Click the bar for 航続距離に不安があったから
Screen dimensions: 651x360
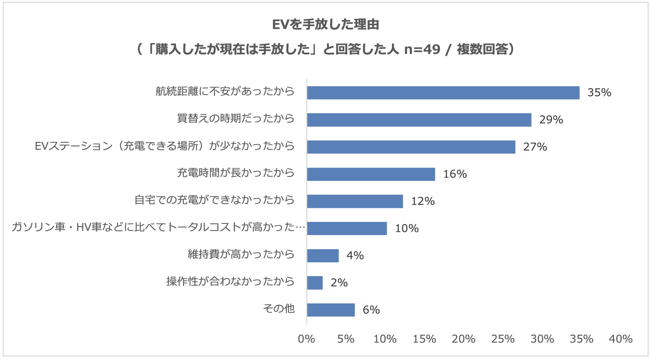[x=443, y=93]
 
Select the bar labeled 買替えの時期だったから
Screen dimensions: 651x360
[x=419, y=120]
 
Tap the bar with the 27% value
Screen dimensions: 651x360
[x=411, y=147]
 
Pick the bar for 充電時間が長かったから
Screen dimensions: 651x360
[x=371, y=174]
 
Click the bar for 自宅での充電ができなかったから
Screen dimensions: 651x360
[x=355, y=202]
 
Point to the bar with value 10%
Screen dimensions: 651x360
[x=347, y=229]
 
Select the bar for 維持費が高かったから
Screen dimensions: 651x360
[x=323, y=256]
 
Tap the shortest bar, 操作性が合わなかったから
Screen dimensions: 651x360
[x=315, y=283]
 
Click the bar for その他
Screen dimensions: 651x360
[x=331, y=310]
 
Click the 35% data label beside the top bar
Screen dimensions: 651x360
[x=599, y=93]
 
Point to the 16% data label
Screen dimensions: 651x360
[x=455, y=174]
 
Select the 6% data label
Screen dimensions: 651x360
[x=371, y=310]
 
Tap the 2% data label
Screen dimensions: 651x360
[x=339, y=283]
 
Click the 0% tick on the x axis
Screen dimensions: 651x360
[x=306, y=339]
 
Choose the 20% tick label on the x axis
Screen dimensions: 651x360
[x=463, y=339]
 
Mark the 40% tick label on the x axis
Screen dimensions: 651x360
[x=620, y=339]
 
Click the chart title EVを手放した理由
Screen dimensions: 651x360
[x=325, y=25]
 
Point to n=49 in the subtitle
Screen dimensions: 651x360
[x=422, y=49]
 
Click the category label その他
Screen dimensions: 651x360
[x=279, y=309]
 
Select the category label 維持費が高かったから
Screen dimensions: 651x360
[x=241, y=254]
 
